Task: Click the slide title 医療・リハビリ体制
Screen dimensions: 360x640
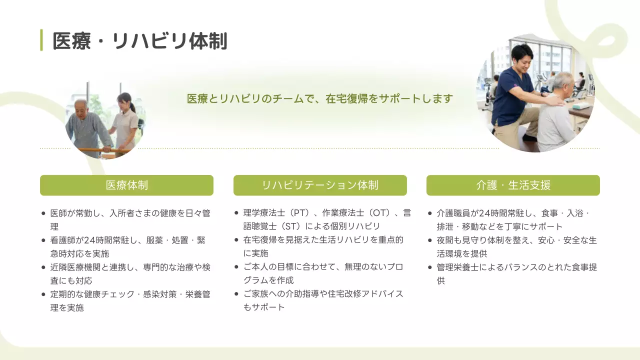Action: coord(140,40)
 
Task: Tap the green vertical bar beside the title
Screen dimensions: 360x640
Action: coord(41,40)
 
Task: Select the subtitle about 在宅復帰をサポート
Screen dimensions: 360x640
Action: coord(319,98)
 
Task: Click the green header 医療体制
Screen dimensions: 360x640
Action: coord(126,185)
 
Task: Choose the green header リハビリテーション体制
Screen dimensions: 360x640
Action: coord(320,185)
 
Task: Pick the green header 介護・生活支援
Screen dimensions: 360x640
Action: coord(513,185)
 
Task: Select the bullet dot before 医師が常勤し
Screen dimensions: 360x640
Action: coord(44,213)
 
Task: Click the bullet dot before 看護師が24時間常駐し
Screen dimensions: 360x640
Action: coord(44,240)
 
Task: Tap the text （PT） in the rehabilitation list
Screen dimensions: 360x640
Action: coord(295,213)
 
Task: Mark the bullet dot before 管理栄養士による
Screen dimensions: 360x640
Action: coord(430,267)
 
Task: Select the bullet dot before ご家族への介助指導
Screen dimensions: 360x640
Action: coord(237,294)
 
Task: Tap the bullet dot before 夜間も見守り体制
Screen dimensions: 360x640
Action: coord(430,240)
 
